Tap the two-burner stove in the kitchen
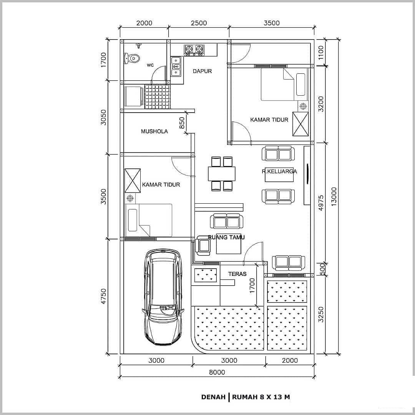tap(194, 50)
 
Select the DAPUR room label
tap(202, 71)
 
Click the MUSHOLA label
tap(154, 131)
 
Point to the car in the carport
tap(163, 297)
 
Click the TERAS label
tap(237, 274)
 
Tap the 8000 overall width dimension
tap(217, 372)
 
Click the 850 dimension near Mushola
tap(182, 123)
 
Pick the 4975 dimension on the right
tap(321, 203)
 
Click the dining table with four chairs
tap(222, 174)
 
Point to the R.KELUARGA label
tap(279, 171)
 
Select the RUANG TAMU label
tap(226, 237)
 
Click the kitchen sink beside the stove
tap(176, 66)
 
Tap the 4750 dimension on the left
tap(103, 296)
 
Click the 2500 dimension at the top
tap(199, 23)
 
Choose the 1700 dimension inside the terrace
tap(252, 285)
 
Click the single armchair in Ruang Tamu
tap(203, 246)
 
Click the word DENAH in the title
tap(213, 397)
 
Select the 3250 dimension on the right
tap(321, 314)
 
